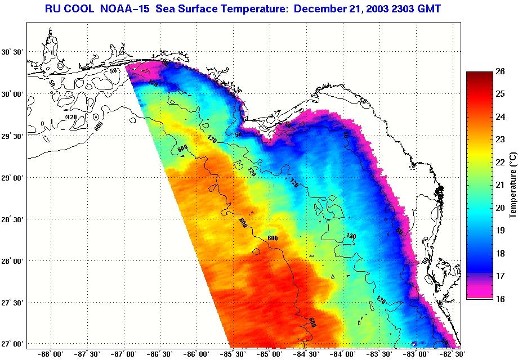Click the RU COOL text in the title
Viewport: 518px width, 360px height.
(x=69, y=8)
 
